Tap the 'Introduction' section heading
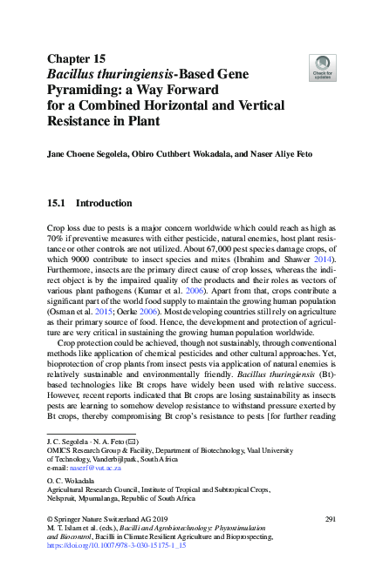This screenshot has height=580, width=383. tap(104, 203)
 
